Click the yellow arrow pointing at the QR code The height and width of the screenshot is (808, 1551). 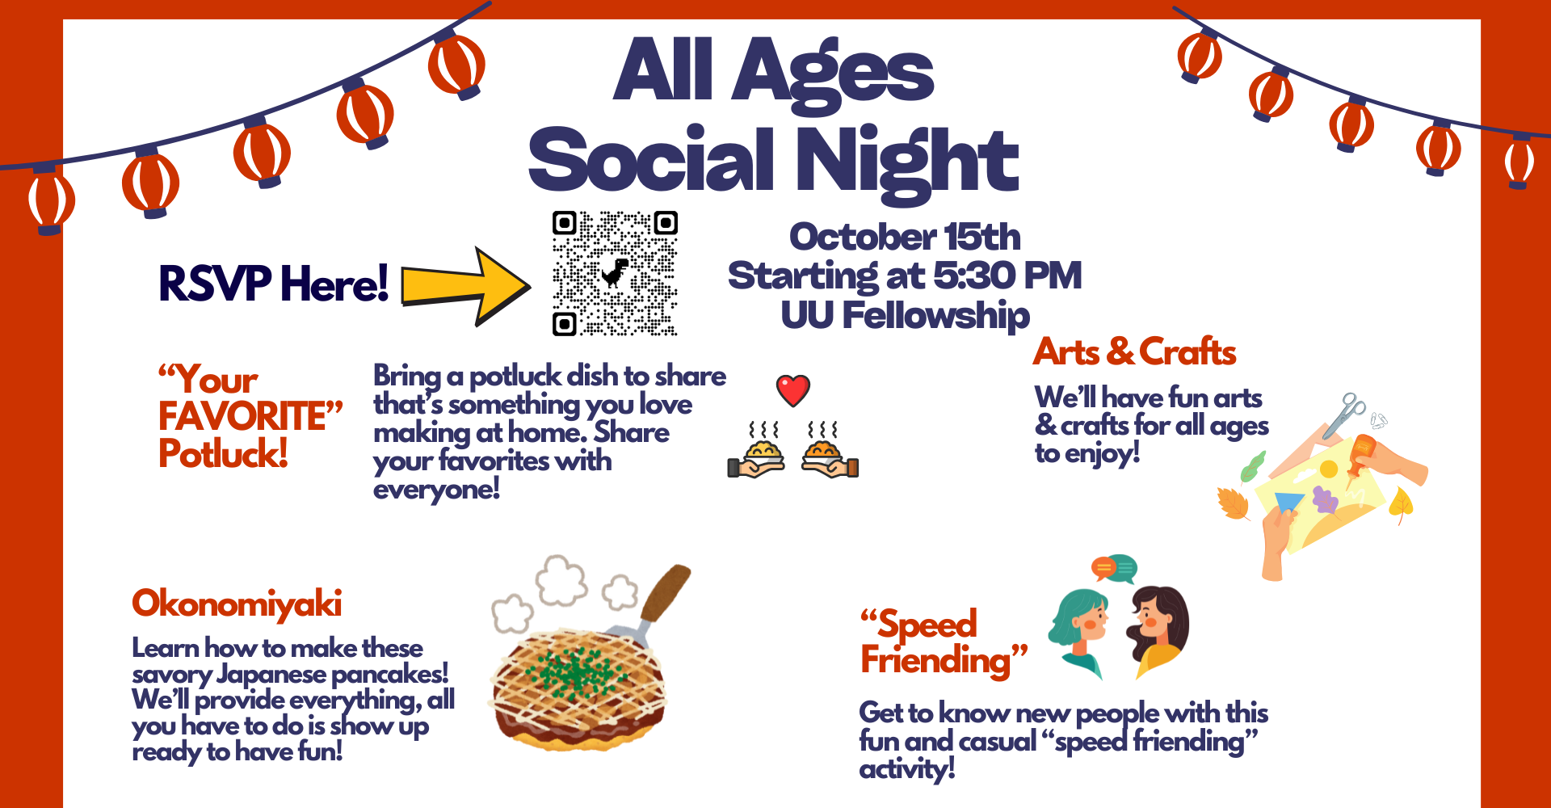coord(466,286)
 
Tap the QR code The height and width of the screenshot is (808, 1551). coord(615,273)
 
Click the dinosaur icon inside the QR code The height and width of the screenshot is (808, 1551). coord(616,273)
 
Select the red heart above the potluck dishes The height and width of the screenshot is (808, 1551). coord(793,391)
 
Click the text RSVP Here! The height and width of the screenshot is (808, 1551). coord(274,284)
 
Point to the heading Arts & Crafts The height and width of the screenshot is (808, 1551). coord(1135,351)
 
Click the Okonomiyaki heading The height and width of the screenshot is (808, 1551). coord(237,604)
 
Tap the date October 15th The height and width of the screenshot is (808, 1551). coord(905,237)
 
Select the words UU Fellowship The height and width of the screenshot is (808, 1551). coord(905,315)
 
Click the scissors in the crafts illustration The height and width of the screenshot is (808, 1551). coord(1344,414)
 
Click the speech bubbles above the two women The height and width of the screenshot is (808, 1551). coord(1114,568)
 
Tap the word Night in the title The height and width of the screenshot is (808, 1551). coord(907,161)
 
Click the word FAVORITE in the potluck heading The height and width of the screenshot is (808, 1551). coord(242,416)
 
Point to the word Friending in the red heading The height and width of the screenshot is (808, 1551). coord(935,660)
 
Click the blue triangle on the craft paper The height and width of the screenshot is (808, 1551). coord(1289,502)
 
